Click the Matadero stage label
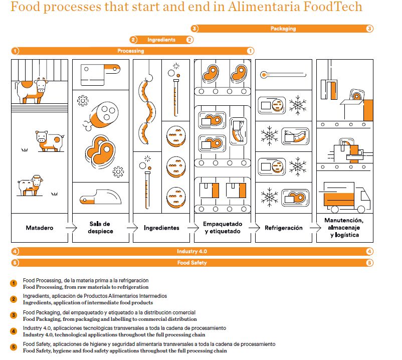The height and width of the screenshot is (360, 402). click(x=40, y=228)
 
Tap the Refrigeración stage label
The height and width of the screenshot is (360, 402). click(x=284, y=228)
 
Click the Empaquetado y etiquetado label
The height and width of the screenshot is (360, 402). click(x=223, y=228)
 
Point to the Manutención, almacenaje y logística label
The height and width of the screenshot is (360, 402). click(x=344, y=227)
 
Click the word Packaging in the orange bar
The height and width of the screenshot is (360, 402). click(x=283, y=29)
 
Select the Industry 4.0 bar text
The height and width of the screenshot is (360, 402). click(x=191, y=251)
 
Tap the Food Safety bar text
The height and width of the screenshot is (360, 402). click(x=191, y=262)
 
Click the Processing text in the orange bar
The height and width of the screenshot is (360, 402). click(x=130, y=51)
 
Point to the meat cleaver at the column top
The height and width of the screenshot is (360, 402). click(x=100, y=73)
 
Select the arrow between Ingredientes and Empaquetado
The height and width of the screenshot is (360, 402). click(x=191, y=228)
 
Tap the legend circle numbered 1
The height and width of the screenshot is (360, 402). click(x=15, y=284)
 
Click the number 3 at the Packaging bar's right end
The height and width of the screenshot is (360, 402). click(x=369, y=29)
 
